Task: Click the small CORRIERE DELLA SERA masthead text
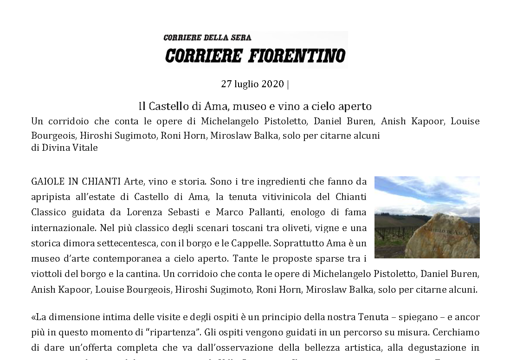207,38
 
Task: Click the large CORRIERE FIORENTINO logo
255,56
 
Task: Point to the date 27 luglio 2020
252,84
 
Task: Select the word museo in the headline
250,106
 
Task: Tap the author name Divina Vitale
70,148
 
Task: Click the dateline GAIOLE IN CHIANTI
77,180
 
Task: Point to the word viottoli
47,273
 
